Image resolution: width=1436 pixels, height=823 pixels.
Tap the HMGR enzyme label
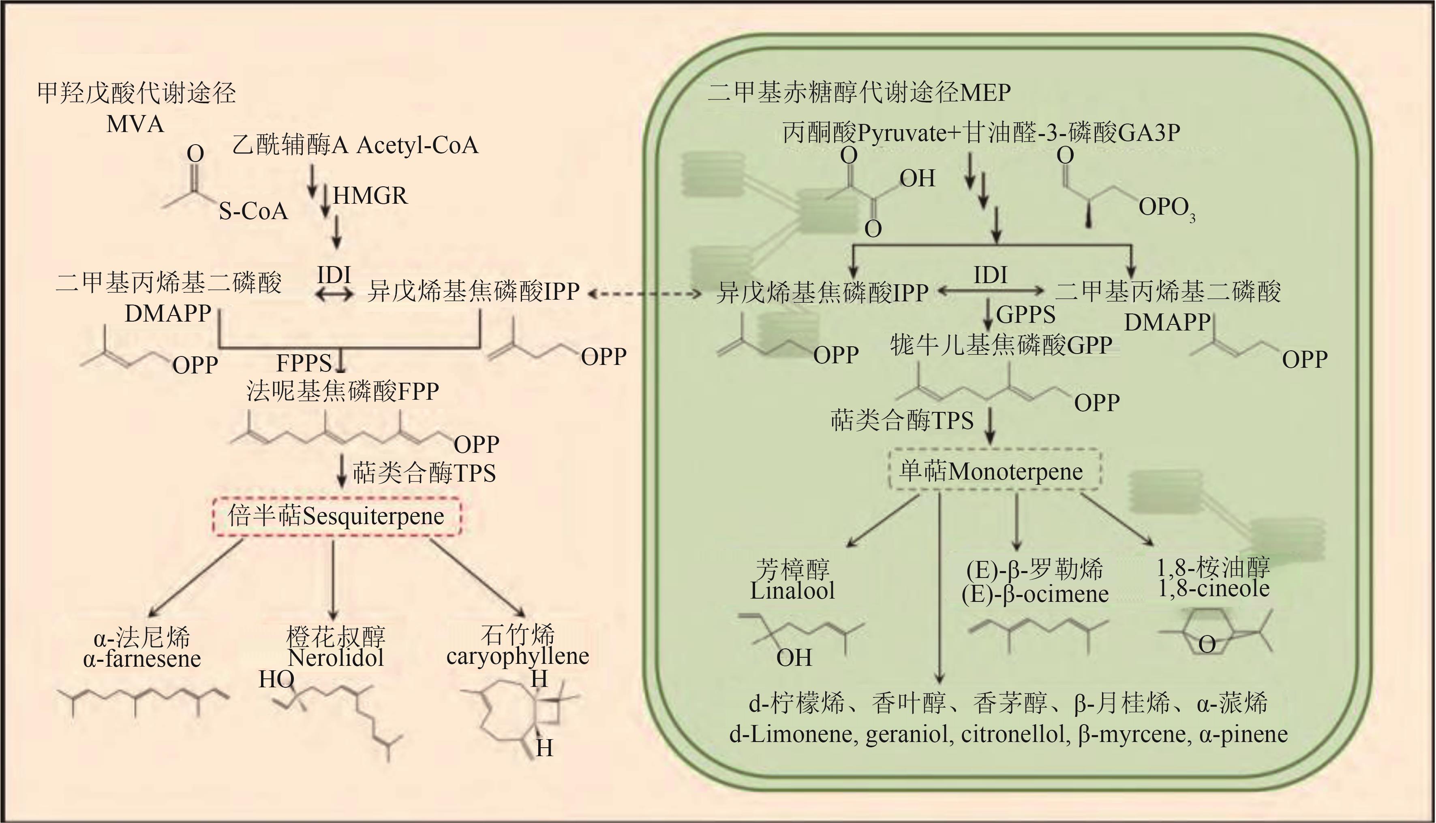[370, 196]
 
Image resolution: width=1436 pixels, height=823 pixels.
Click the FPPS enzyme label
[304, 362]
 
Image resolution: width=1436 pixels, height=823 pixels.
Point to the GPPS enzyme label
[1025, 314]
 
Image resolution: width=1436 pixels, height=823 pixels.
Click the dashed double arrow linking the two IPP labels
[645, 293]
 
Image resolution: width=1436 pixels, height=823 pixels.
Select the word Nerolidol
[336, 658]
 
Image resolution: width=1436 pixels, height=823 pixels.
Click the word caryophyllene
[518, 656]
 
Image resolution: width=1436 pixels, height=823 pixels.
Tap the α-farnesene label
[142, 659]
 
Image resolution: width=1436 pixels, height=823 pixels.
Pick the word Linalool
[792, 591]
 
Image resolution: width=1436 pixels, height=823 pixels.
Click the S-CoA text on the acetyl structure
[253, 211]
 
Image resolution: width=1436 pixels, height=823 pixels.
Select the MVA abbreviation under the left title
[135, 124]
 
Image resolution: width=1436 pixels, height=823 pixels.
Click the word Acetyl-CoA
[417, 145]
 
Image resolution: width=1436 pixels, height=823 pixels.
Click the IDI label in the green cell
[990, 275]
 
